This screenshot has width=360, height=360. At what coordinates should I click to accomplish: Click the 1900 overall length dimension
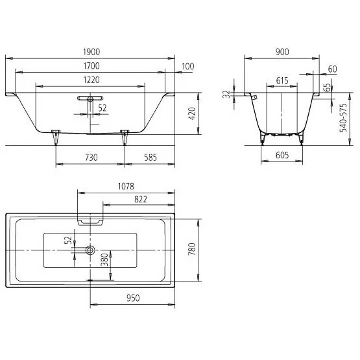click(x=91, y=52)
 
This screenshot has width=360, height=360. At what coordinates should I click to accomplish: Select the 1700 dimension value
click(x=91, y=66)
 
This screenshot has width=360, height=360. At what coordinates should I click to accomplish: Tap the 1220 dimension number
click(x=91, y=80)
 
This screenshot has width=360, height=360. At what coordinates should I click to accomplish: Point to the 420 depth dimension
click(x=192, y=114)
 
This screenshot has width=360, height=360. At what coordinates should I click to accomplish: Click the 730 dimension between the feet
click(x=91, y=158)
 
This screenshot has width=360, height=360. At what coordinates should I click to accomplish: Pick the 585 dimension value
click(x=150, y=158)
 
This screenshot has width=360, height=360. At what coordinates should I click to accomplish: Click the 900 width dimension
click(x=282, y=52)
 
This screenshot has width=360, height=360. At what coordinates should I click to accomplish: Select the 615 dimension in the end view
click(x=282, y=80)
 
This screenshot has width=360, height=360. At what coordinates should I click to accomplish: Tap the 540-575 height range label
click(x=344, y=118)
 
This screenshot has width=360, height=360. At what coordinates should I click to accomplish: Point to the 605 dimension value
click(x=282, y=155)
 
